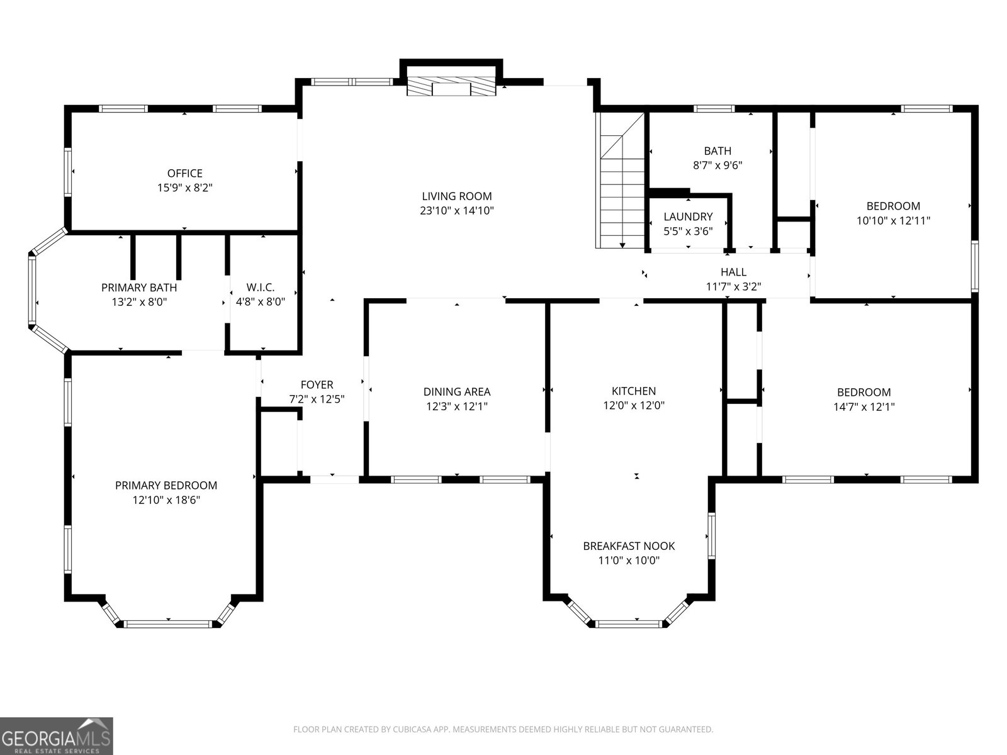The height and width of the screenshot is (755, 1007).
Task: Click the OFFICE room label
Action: click(x=185, y=173)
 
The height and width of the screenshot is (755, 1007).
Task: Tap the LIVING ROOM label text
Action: click(x=456, y=196)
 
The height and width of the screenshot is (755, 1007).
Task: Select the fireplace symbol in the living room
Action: click(x=451, y=87)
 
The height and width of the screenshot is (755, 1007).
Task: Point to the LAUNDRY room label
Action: click(x=688, y=216)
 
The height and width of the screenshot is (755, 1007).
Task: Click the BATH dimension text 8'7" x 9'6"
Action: click(x=717, y=165)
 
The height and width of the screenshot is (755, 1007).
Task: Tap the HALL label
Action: click(x=733, y=272)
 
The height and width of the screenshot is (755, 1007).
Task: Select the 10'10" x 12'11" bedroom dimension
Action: click(x=892, y=220)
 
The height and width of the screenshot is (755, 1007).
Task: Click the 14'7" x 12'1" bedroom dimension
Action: click(x=864, y=406)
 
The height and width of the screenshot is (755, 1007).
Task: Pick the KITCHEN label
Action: click(x=634, y=391)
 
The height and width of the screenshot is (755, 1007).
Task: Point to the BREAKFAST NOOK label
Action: click(x=629, y=546)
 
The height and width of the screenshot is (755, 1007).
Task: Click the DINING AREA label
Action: click(x=456, y=391)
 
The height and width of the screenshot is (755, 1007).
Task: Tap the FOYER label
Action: click(x=317, y=384)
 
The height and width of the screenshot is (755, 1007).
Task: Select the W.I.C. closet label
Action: click(x=260, y=288)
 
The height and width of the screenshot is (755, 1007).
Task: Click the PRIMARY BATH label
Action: click(x=139, y=288)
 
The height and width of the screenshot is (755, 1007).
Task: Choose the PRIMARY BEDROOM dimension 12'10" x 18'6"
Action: click(x=166, y=500)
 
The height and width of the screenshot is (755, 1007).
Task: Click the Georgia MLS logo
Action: click(x=56, y=736)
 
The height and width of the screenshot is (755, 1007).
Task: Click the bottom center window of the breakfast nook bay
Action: click(x=629, y=624)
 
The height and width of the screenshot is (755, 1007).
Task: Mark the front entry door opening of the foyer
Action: click(x=334, y=479)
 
